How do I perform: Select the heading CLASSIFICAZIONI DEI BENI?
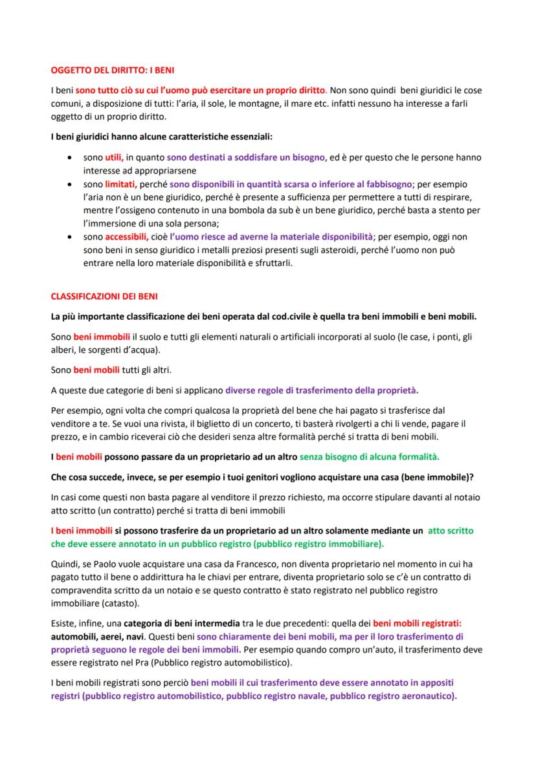(x=104, y=296)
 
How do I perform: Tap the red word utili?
(x=114, y=157)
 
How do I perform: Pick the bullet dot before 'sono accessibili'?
(x=70, y=238)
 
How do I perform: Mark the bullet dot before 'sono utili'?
(x=70, y=158)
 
